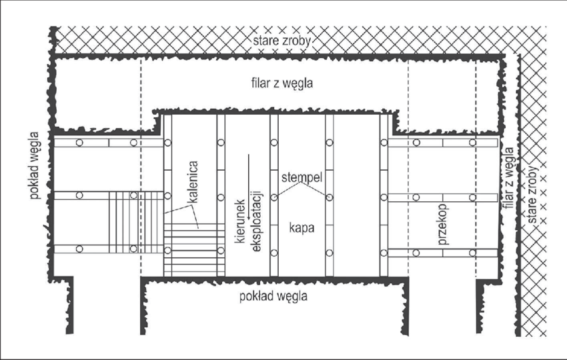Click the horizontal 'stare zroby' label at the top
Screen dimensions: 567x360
click(281, 41)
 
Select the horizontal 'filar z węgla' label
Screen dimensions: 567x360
click(282, 83)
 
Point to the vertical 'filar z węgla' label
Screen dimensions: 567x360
click(508, 178)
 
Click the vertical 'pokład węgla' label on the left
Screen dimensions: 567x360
click(35, 165)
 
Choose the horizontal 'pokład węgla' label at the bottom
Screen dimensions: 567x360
click(273, 297)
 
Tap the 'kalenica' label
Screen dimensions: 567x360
click(193, 182)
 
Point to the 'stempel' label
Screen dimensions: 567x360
click(302, 177)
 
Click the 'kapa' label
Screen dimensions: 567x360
click(302, 228)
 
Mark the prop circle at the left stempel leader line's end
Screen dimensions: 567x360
click(274, 198)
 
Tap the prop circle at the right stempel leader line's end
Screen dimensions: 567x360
click(330, 198)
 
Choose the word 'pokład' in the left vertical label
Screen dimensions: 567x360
click(35, 182)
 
